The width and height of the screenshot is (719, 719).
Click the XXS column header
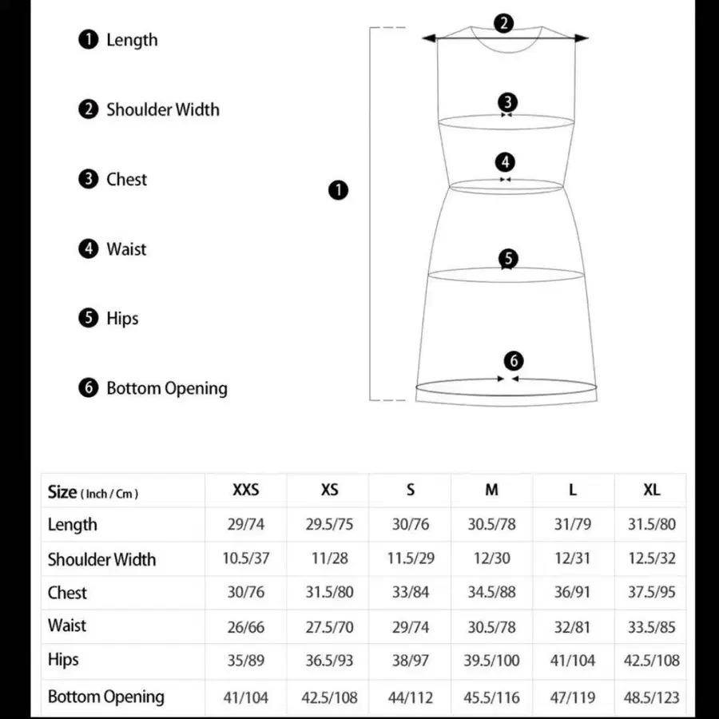[246, 490]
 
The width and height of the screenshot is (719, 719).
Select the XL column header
[652, 490]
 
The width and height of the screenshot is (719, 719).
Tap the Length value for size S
[411, 525]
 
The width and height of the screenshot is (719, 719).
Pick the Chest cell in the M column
[492, 593]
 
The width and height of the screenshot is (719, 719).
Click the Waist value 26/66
[246, 627]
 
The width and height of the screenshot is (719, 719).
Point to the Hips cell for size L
[573, 661]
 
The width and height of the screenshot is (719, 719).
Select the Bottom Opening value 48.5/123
[652, 697]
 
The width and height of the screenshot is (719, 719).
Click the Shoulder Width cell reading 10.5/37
[246, 558]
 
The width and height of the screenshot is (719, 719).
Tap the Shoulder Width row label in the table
[101, 559]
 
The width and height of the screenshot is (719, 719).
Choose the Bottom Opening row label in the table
[105, 697]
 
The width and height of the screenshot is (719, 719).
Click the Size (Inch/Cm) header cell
[93, 492]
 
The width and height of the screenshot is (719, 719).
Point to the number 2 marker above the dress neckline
[503, 23]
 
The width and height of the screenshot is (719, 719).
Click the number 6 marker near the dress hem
[514, 360]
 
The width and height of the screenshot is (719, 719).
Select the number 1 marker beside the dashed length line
[339, 190]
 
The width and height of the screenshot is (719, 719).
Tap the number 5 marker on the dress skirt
[508, 258]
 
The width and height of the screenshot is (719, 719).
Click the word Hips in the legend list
[122, 318]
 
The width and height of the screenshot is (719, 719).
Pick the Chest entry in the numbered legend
[126, 179]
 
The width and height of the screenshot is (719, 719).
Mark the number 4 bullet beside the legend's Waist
[88, 248]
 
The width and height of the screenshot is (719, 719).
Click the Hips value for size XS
[329, 661]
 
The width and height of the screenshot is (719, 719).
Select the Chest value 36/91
[573, 593]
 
